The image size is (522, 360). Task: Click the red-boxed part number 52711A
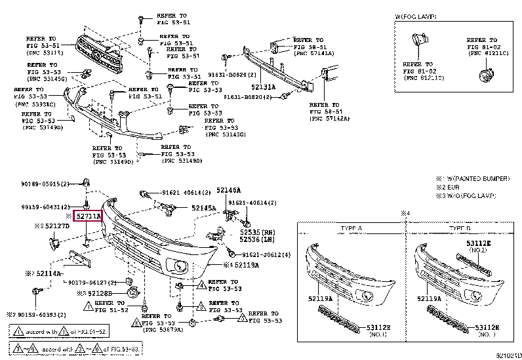tap(88, 215)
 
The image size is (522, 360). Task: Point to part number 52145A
tap(204, 208)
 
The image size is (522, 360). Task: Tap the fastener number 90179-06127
tap(92, 282)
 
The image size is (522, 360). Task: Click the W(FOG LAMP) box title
tap(419, 16)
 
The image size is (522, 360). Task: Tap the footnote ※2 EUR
tap(452, 187)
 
